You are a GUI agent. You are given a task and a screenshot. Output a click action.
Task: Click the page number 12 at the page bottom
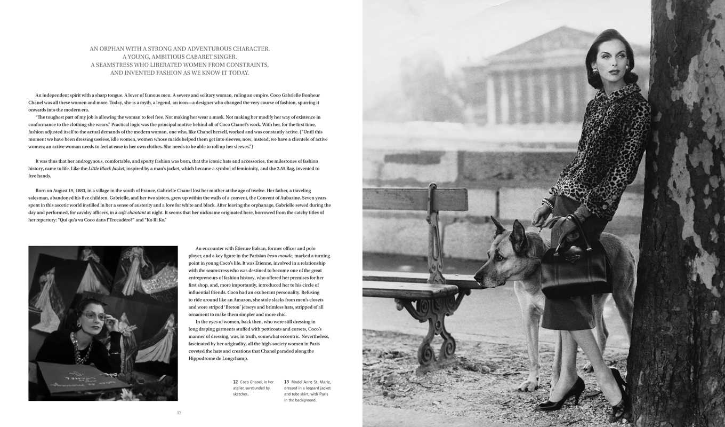click(179, 412)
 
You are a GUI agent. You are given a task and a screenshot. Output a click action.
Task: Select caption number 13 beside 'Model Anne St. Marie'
click(286, 382)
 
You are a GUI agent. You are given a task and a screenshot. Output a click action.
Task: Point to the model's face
click(610, 59)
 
